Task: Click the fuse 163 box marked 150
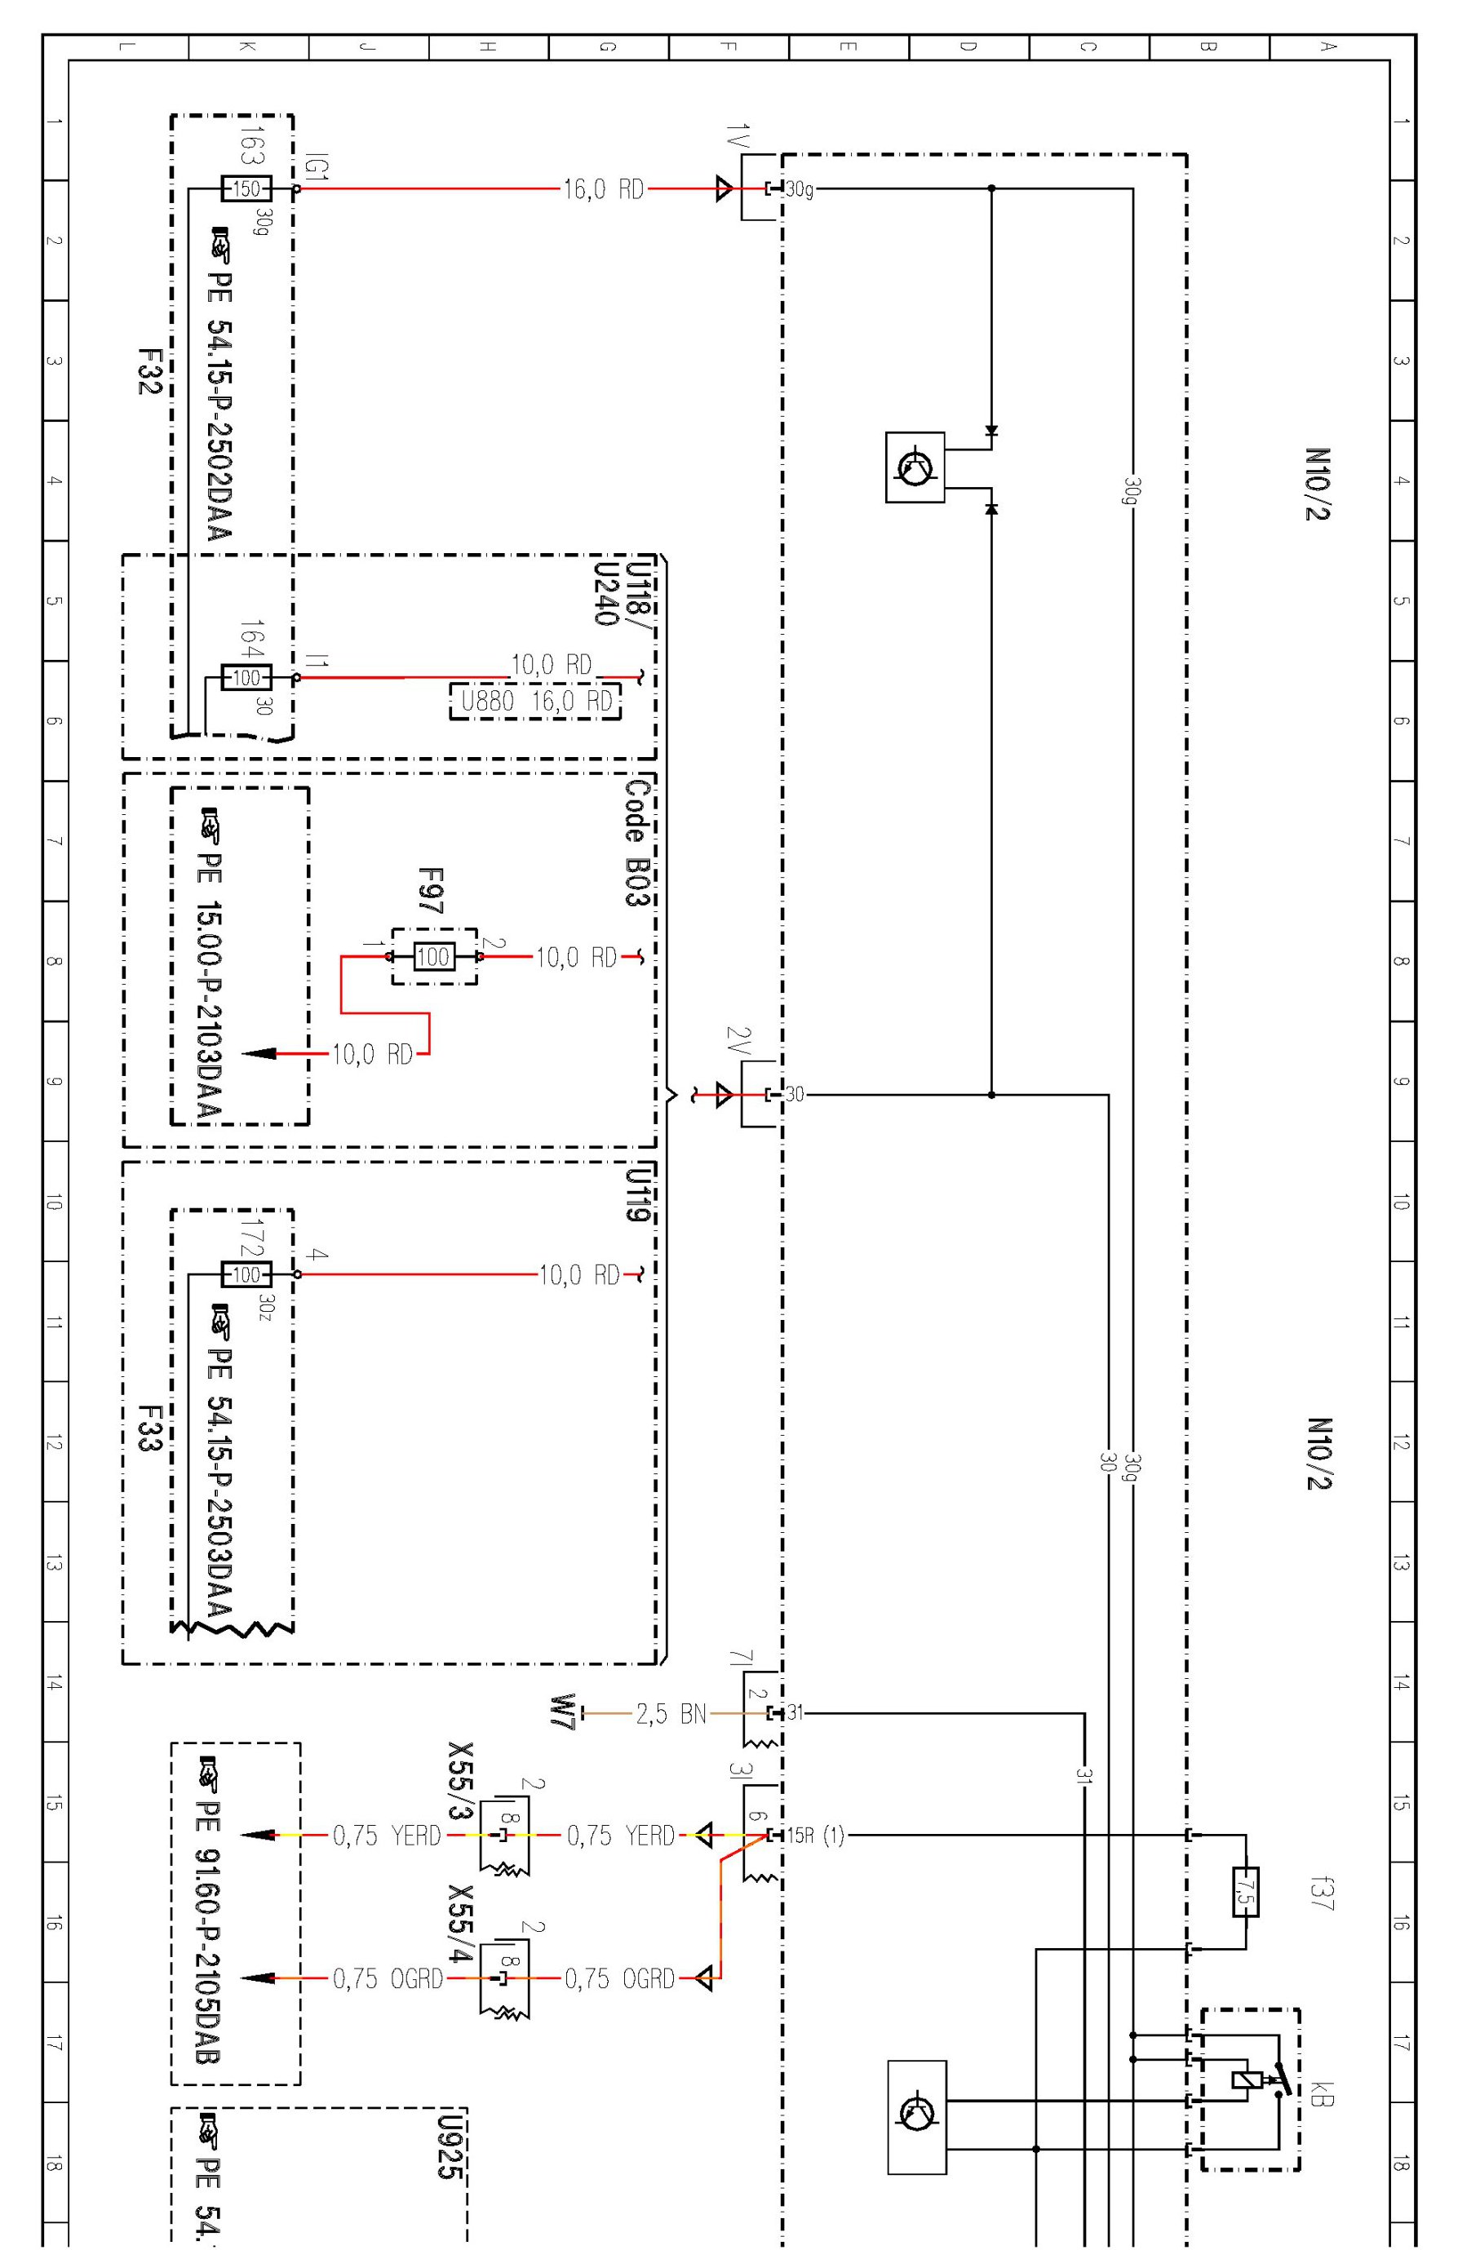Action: point(246,188)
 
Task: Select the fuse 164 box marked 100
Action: point(246,677)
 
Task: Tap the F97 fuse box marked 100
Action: point(434,957)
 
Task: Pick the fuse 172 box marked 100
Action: point(246,1273)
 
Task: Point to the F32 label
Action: point(149,371)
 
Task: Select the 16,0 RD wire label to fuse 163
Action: point(602,189)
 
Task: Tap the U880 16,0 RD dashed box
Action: point(535,701)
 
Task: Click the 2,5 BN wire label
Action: point(671,1714)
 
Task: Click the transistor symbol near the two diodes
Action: point(915,467)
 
